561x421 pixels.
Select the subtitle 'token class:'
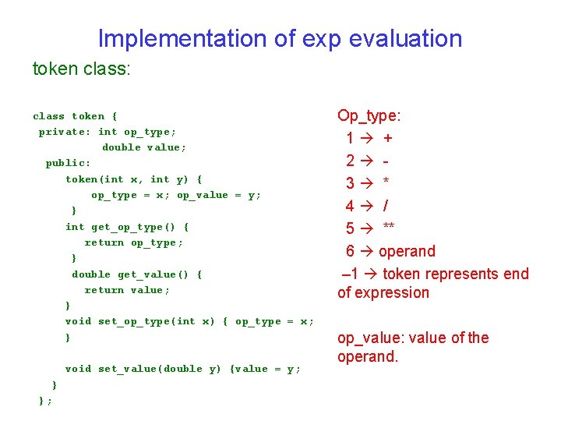tap(82, 69)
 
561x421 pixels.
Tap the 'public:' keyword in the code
tap(68, 163)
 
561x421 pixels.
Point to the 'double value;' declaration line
tap(144, 147)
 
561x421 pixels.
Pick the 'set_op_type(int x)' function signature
tap(146, 321)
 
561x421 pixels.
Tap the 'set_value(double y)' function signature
tap(146, 369)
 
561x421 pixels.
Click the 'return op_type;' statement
tap(134, 242)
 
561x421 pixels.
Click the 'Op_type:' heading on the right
tap(369, 116)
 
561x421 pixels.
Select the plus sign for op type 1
tap(388, 138)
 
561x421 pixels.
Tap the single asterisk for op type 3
tap(386, 184)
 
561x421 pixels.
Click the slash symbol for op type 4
tap(385, 206)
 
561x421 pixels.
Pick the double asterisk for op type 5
tap(388, 228)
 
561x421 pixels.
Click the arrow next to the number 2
tap(367, 161)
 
